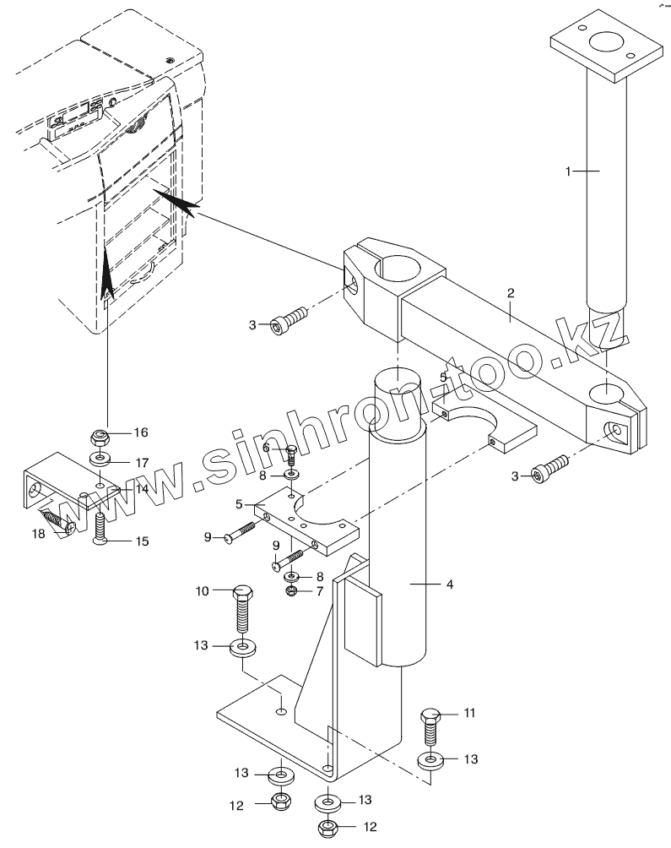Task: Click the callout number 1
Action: click(568, 171)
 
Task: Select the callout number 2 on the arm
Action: click(511, 293)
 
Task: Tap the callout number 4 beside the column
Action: click(450, 584)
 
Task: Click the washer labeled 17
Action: click(100, 460)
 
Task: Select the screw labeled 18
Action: click(57, 520)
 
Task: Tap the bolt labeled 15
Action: click(99, 527)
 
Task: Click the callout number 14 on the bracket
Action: click(142, 489)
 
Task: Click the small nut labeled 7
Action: click(290, 590)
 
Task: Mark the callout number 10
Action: click(202, 591)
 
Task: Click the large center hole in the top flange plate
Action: click(605, 43)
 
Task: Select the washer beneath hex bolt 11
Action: click(430, 761)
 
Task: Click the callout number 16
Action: click(140, 432)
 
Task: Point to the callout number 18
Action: click(39, 535)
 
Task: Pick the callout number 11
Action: click(469, 713)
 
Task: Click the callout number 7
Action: click(319, 591)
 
